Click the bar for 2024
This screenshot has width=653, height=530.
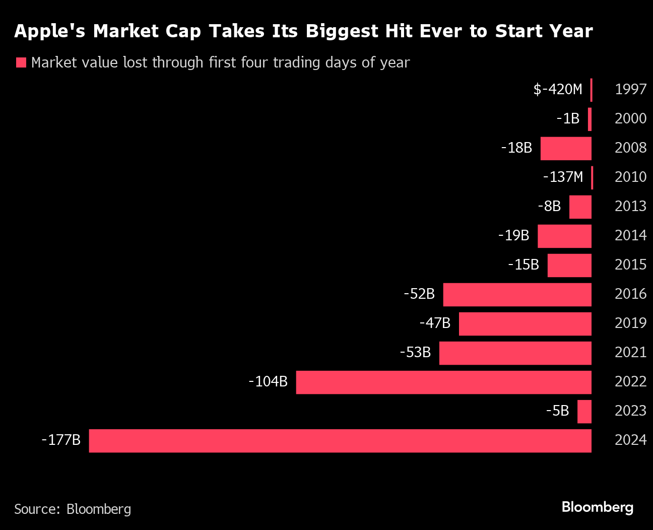tap(340, 441)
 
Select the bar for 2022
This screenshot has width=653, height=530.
tap(443, 382)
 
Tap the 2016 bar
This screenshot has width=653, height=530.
tap(517, 295)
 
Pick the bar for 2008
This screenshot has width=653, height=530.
tap(566, 149)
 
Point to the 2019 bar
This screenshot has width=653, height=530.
tap(525, 324)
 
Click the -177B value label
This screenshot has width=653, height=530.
tap(61, 440)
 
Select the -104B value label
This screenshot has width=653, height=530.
tap(268, 381)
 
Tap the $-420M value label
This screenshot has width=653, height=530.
tap(558, 89)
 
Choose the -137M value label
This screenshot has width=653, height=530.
tap(563, 177)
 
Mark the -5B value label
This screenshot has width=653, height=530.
tap(557, 411)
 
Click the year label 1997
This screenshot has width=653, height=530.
tap(630, 89)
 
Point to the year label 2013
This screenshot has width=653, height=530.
tap(630, 206)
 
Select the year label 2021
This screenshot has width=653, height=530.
tap(630, 352)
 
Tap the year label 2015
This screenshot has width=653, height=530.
tap(630, 264)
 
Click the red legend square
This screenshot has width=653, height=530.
tap(21, 62)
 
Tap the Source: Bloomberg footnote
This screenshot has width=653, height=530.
tap(73, 509)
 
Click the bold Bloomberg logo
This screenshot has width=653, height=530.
tap(598, 507)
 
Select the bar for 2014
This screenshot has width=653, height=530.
tap(564, 236)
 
